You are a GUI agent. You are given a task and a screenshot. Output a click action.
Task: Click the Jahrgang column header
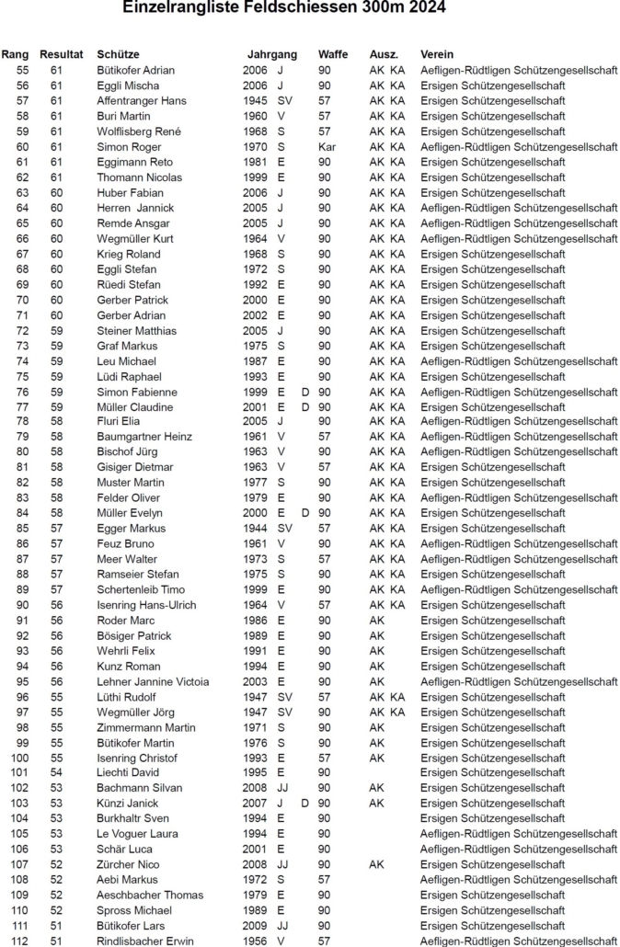(271, 54)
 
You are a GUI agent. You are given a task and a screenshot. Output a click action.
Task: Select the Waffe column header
(332, 54)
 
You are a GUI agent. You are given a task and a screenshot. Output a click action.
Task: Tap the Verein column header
(437, 54)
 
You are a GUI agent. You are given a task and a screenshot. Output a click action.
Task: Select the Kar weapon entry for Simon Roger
(327, 146)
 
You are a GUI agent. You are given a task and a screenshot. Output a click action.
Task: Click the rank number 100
(19, 758)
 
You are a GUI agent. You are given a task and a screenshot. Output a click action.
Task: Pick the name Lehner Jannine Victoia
(153, 681)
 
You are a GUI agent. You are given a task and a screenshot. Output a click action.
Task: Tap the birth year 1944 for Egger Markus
(255, 529)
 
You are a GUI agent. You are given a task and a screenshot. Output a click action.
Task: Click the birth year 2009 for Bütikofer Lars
(255, 926)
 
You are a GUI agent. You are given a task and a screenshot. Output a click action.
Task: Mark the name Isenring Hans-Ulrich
(146, 605)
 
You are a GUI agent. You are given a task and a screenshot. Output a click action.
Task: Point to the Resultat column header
(62, 54)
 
